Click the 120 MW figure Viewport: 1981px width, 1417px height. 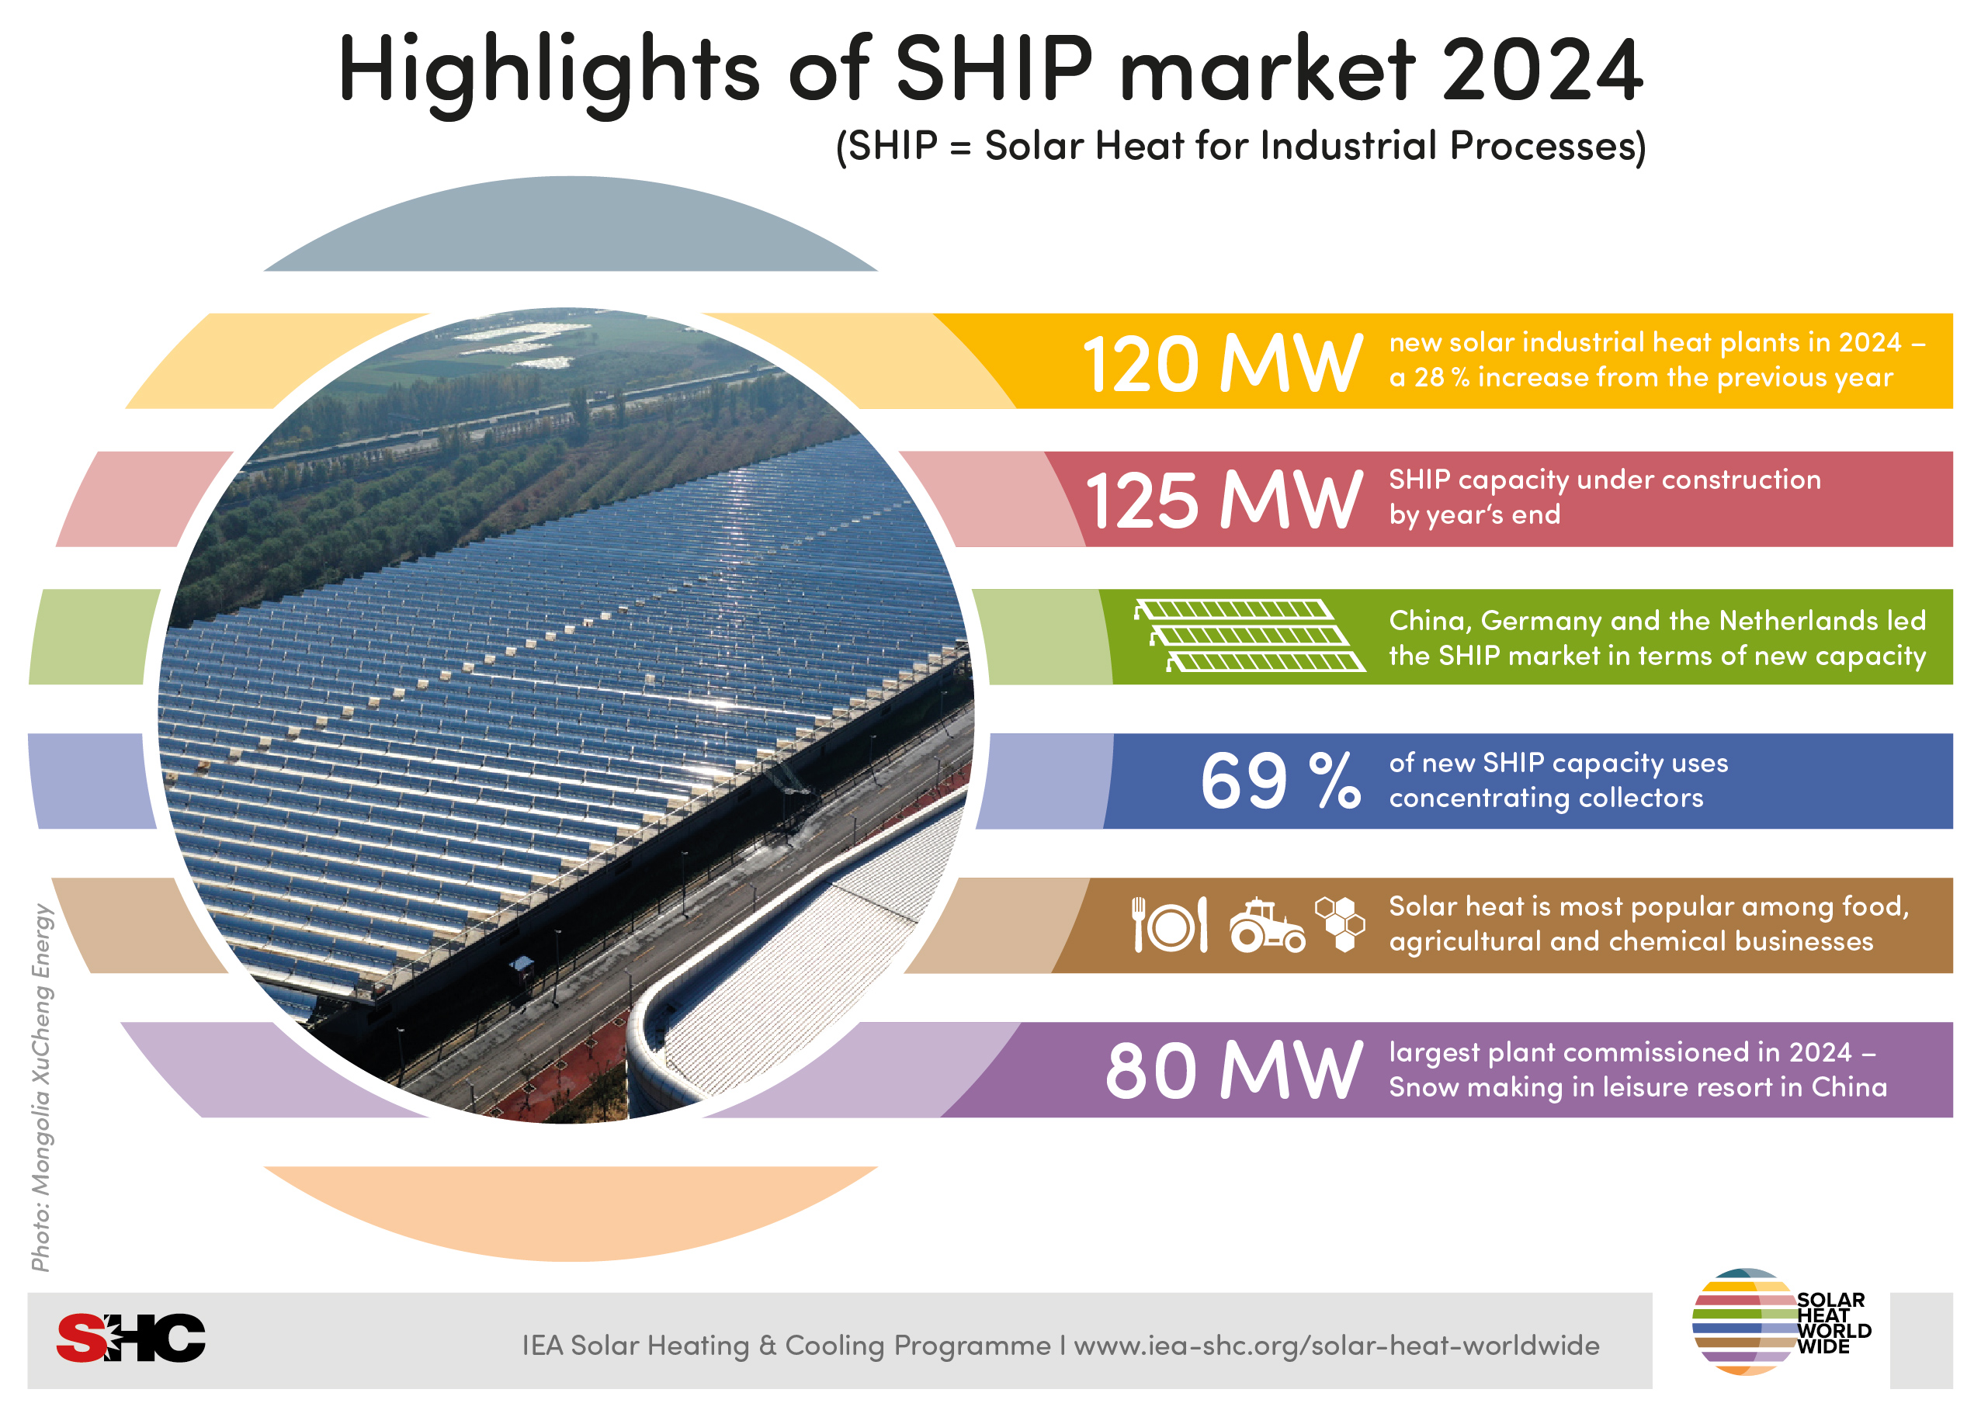1221,364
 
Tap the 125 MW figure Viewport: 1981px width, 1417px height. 1223,501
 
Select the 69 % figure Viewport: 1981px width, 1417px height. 1279,780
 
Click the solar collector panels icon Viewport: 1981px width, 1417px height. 1249,636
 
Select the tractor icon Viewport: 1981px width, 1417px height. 1266,925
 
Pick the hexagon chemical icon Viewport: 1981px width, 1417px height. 1340,923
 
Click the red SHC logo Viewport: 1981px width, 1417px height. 131,1338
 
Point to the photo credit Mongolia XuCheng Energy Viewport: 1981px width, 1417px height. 42,1086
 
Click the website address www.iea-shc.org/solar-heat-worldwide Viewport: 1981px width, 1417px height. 1336,1346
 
